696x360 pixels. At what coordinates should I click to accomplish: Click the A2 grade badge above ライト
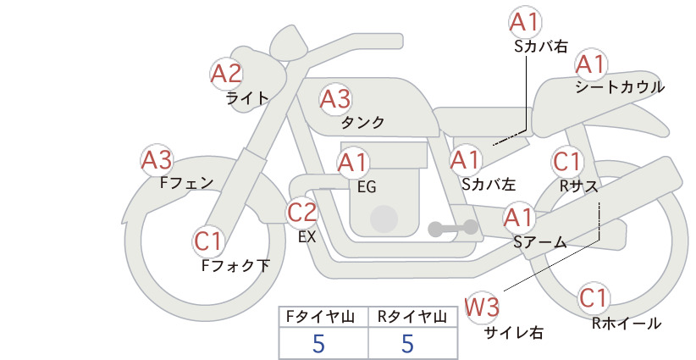(x=226, y=74)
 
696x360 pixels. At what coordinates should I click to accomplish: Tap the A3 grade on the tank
(x=335, y=99)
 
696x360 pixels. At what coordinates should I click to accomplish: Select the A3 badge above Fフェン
(x=157, y=160)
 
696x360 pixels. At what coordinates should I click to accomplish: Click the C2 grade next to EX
(x=301, y=212)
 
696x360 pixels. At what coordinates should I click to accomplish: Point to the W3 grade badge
(x=482, y=307)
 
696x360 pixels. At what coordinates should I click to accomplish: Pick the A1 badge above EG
(x=353, y=163)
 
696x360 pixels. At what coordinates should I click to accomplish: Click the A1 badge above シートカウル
(x=591, y=64)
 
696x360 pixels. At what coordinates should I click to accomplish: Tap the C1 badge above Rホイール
(x=593, y=298)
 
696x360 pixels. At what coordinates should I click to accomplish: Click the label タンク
(x=362, y=123)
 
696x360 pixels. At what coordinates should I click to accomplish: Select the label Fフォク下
(x=235, y=265)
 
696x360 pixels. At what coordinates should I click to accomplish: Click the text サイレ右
(x=513, y=333)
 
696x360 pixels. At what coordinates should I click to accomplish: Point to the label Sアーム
(x=540, y=242)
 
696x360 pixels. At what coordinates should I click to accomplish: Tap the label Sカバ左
(x=489, y=184)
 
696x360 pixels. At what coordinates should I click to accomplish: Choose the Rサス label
(x=579, y=187)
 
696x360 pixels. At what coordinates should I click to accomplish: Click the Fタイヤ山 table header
(x=320, y=317)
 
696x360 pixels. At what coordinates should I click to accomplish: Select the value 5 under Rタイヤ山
(x=407, y=344)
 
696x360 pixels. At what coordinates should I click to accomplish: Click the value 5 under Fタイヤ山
(x=318, y=344)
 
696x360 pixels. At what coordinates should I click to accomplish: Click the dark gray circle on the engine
(x=384, y=219)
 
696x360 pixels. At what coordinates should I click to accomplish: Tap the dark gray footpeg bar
(x=453, y=228)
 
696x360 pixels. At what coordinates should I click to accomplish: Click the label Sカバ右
(x=541, y=47)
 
